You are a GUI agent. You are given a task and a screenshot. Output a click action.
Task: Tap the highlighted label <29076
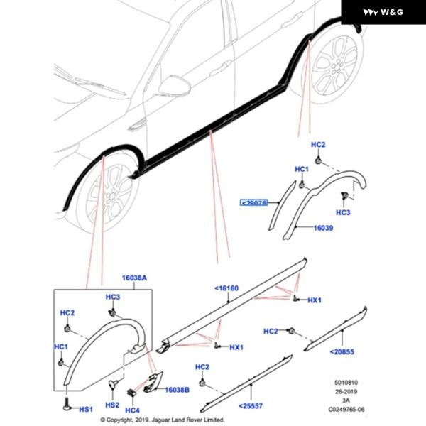click(253, 202)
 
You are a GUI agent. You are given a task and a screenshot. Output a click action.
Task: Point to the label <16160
click(226, 289)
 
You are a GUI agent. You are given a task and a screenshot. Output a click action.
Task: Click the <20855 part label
click(342, 351)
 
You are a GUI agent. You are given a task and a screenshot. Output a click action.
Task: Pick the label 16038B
click(176, 390)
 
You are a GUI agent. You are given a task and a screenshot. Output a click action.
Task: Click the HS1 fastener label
click(84, 410)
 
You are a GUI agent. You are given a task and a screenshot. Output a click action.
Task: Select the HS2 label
click(112, 405)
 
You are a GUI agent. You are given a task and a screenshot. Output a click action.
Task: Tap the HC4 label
click(133, 410)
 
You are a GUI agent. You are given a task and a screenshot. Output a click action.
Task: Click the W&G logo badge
click(384, 12)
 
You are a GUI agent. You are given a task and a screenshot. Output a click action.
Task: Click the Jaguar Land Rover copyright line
click(163, 420)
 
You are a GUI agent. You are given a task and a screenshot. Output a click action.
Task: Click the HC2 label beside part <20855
click(271, 331)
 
